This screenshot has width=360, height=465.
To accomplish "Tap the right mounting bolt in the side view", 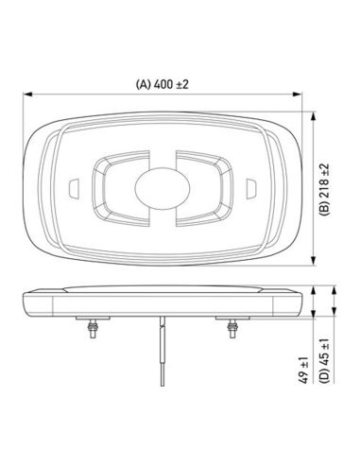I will click(230, 331).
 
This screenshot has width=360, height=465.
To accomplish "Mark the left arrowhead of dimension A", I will click(26, 95).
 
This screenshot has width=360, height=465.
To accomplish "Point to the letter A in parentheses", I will click(143, 84).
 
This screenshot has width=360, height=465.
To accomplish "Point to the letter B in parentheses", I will click(325, 214).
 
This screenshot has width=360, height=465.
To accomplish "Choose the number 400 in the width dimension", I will click(164, 84).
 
